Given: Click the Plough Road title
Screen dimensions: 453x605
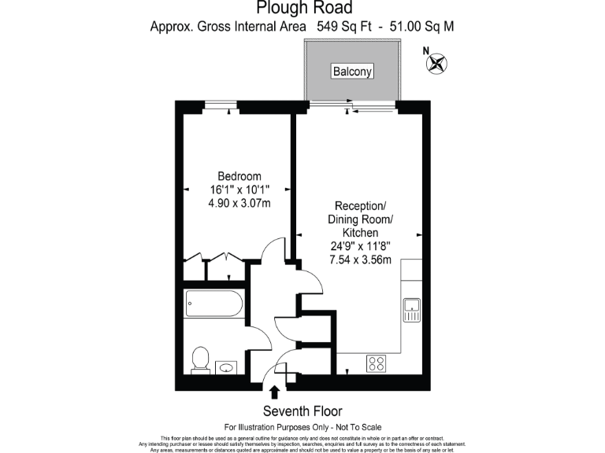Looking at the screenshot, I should click(302, 8).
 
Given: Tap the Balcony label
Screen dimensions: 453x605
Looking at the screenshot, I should click(351, 72).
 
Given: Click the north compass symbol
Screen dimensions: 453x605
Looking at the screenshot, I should click(436, 63).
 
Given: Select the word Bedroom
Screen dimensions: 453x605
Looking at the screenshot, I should click(239, 176).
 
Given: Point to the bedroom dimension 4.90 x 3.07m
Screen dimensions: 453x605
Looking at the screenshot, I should click(239, 203).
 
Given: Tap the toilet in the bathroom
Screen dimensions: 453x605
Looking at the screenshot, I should click(200, 361).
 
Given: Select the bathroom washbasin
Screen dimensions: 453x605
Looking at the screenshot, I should click(227, 366).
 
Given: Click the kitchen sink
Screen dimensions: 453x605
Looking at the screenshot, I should click(412, 310).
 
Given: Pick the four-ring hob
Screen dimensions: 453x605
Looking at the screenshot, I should click(377, 363).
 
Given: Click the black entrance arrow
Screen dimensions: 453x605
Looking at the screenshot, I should click(275, 392).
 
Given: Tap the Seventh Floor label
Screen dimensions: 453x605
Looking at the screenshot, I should click(302, 411).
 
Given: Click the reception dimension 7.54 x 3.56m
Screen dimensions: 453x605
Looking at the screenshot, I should click(360, 260).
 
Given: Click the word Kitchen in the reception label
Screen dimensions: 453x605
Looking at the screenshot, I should click(360, 233).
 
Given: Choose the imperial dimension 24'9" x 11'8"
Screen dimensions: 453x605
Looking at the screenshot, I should click(360, 246).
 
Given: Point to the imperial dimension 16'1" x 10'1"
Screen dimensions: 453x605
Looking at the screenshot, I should click(239, 190).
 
